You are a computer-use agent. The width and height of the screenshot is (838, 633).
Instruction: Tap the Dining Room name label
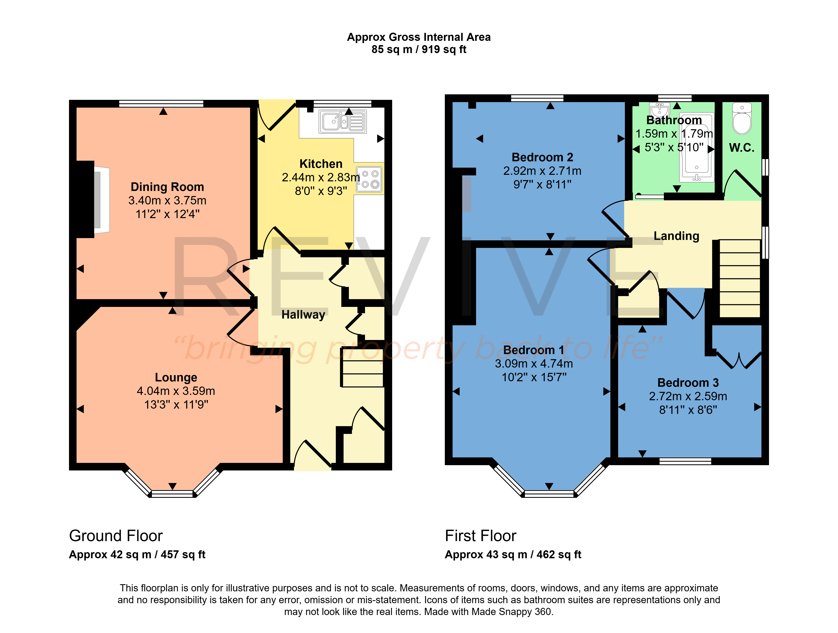click(167, 187)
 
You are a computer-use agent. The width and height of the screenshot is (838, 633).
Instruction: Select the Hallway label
click(303, 315)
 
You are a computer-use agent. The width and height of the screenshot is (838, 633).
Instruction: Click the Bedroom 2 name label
click(542, 157)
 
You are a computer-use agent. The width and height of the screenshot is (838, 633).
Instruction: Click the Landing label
click(677, 236)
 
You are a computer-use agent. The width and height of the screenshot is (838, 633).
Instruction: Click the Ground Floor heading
click(116, 536)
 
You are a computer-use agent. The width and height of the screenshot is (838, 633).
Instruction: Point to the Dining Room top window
click(161, 104)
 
